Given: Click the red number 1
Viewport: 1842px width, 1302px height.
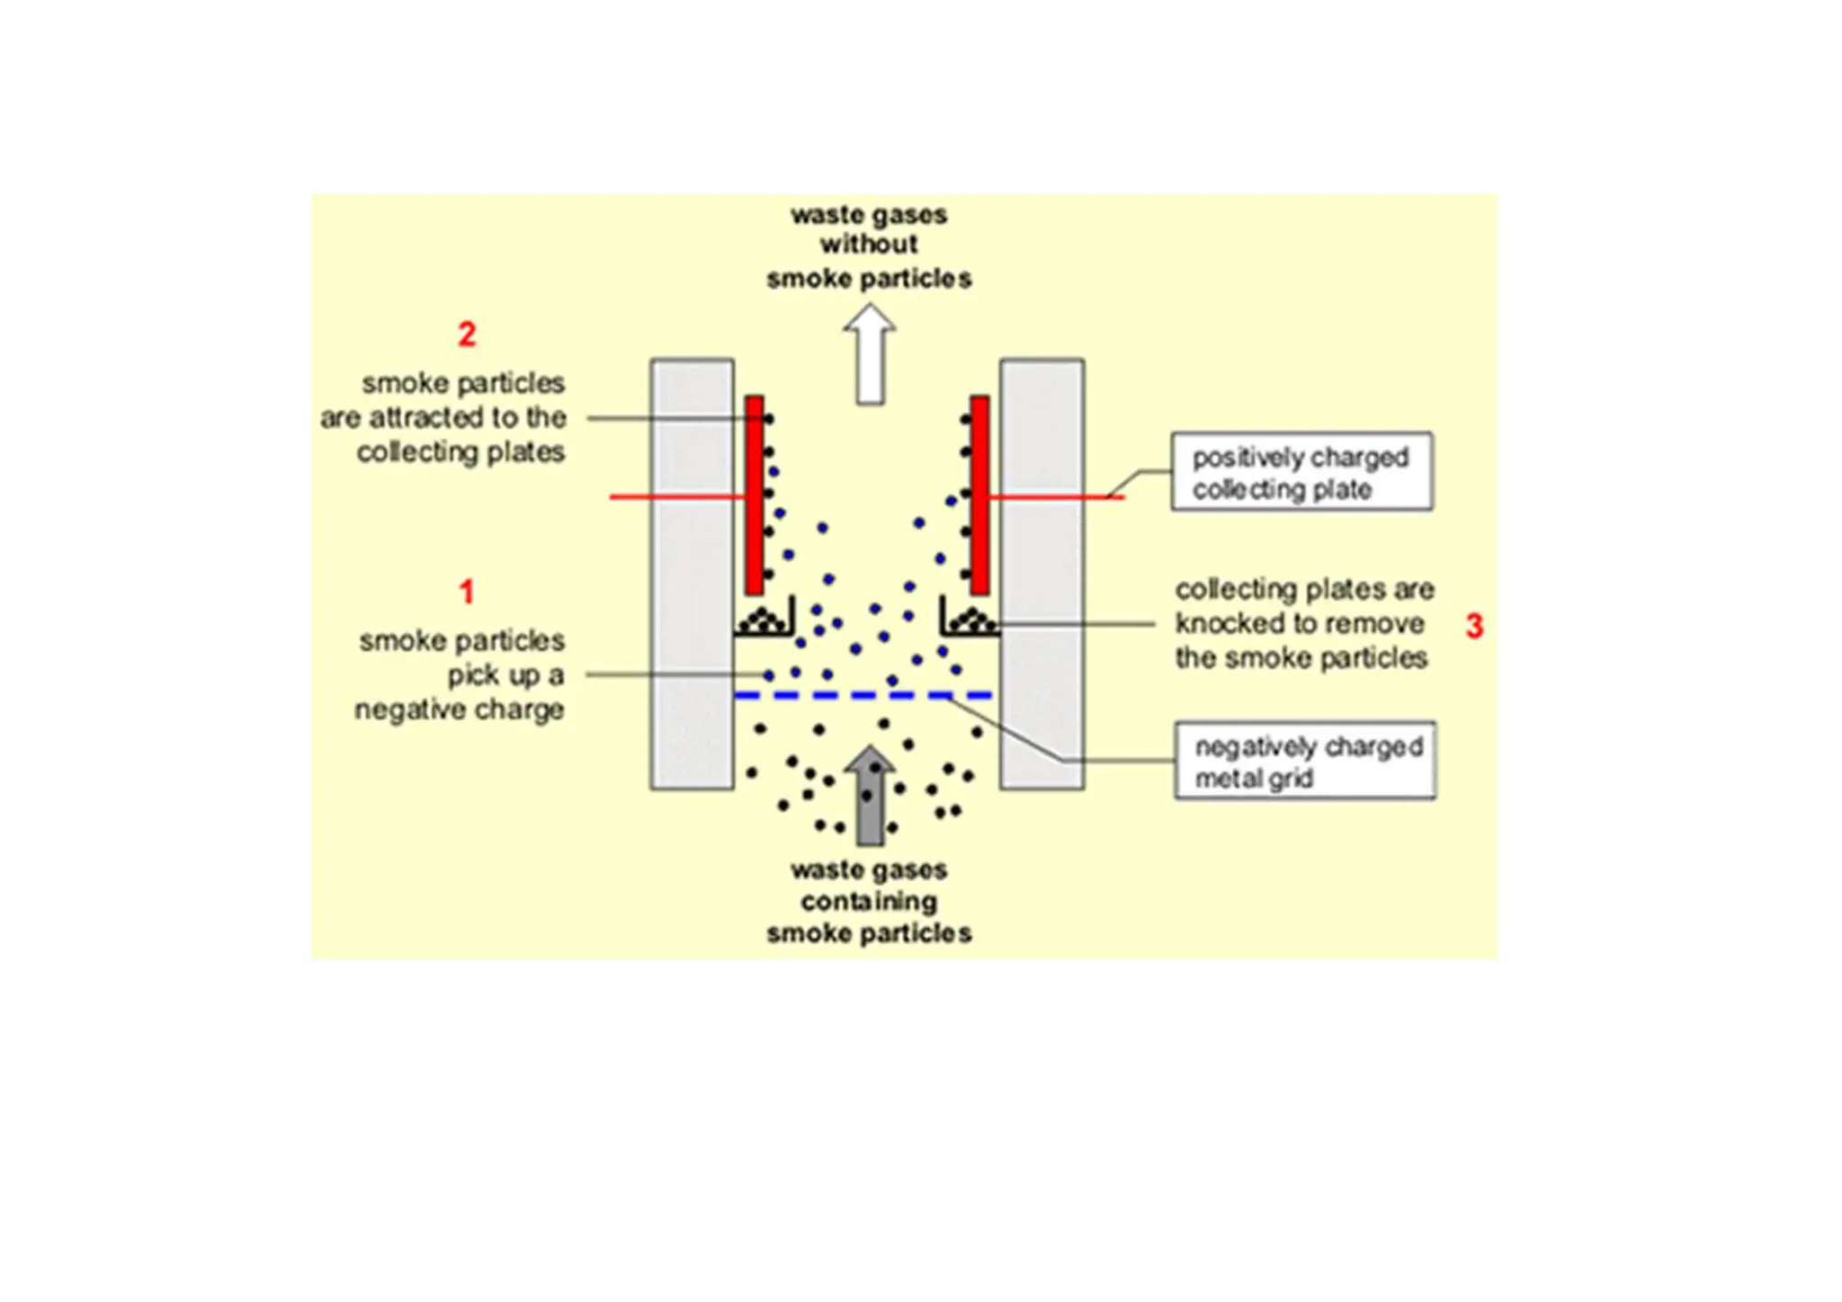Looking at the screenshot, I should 466,592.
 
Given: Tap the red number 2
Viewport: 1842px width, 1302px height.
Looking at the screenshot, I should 466,334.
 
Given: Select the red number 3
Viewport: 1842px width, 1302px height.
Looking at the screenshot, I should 1474,626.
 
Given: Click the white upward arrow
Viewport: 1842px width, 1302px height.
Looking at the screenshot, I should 870,355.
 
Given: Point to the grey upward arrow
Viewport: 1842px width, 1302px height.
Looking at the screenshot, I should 870,796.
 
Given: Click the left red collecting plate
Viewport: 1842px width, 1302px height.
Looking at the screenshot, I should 755,495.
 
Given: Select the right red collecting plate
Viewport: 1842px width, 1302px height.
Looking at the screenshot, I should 979,495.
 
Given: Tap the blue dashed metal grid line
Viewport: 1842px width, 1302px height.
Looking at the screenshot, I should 863,695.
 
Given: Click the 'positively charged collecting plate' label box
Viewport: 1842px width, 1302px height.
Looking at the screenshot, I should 1301,471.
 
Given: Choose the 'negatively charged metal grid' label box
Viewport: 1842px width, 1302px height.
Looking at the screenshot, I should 1305,761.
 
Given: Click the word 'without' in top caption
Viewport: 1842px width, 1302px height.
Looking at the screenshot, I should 869,244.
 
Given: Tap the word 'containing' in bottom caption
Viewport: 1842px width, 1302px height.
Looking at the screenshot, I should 869,901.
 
